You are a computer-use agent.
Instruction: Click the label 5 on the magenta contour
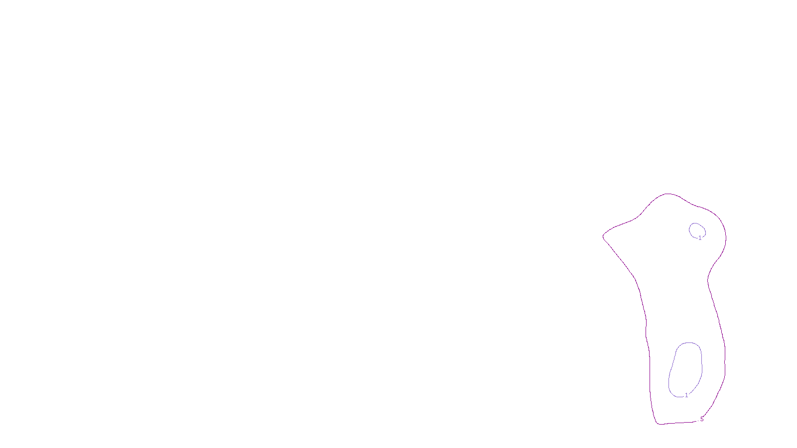point(702,419)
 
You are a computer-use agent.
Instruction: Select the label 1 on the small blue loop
point(700,238)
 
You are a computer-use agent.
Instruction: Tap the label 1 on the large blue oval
point(686,395)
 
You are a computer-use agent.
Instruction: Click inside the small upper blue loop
point(696,230)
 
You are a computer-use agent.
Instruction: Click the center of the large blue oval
point(686,369)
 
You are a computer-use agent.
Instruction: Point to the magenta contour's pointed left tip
point(603,236)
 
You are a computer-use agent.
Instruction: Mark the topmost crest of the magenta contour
point(667,194)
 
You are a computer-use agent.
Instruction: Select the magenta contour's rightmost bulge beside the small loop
point(726,236)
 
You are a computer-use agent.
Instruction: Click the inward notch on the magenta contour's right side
point(708,279)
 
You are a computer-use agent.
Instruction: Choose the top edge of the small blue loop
point(696,223)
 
